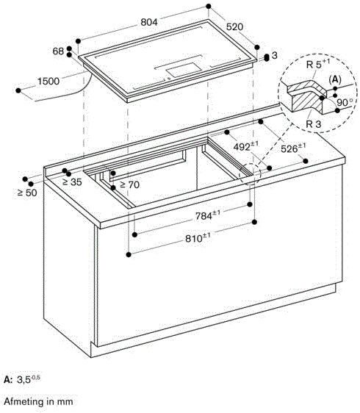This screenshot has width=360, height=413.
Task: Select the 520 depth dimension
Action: (x=235, y=27)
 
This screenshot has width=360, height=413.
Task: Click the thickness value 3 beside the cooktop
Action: (x=274, y=56)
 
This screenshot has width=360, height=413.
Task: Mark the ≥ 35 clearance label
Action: (x=71, y=182)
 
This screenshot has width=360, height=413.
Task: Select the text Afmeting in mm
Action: (x=38, y=402)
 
